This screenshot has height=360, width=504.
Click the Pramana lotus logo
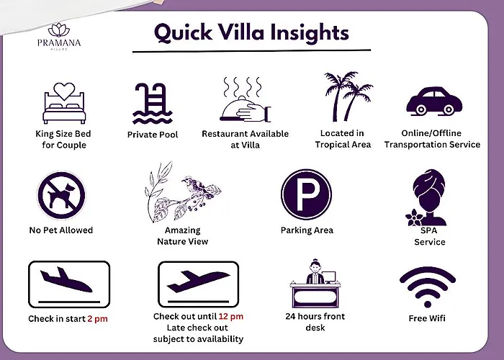point(59,30)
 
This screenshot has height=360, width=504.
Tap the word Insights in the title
point(310,34)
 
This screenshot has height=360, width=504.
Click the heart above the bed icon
point(64,91)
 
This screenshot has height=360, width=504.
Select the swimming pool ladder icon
point(153,104)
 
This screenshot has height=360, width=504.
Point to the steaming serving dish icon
point(246,99)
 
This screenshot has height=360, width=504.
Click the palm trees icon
point(348,96)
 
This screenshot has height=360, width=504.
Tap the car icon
point(434,101)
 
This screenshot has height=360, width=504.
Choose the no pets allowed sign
point(61,195)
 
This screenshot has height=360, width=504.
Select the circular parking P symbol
point(306,194)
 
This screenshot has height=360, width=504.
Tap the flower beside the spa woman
point(415,217)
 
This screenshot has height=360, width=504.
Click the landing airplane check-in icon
point(69,284)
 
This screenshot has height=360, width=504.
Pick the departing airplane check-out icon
point(198,284)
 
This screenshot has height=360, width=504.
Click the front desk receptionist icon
point(315,284)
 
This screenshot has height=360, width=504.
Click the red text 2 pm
point(97,319)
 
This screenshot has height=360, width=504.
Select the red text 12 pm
point(231,317)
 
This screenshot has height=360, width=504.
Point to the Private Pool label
point(153,135)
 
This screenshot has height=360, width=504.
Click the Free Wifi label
point(427,318)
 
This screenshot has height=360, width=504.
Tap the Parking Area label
point(307,230)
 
